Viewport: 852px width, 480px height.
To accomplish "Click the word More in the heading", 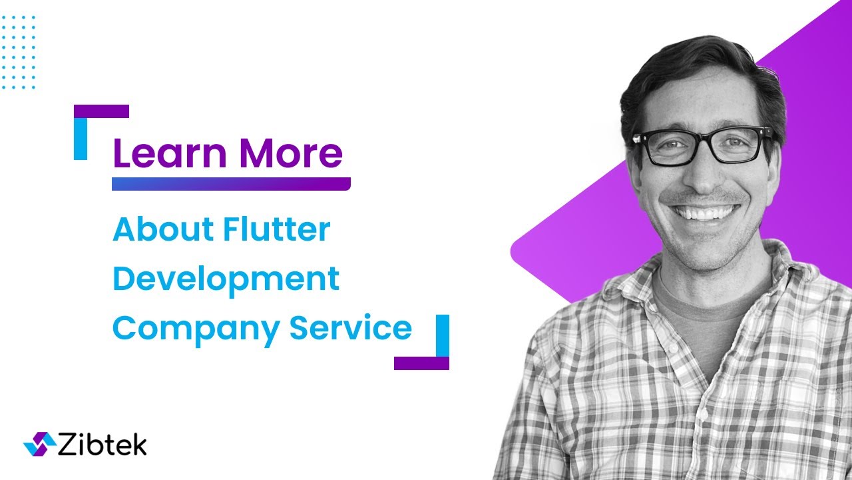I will tap(291, 153).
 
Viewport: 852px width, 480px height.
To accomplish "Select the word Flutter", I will tap(277, 229).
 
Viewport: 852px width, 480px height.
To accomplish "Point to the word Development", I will tap(226, 279).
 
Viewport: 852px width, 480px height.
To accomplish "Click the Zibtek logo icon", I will tap(40, 444).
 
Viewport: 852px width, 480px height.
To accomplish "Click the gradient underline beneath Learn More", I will tap(230, 184).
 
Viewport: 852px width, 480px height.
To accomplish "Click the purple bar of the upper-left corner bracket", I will tap(101, 111).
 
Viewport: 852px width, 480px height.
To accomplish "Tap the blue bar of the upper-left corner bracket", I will tap(81, 139).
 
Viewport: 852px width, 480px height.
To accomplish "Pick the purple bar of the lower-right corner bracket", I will tap(421, 363).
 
